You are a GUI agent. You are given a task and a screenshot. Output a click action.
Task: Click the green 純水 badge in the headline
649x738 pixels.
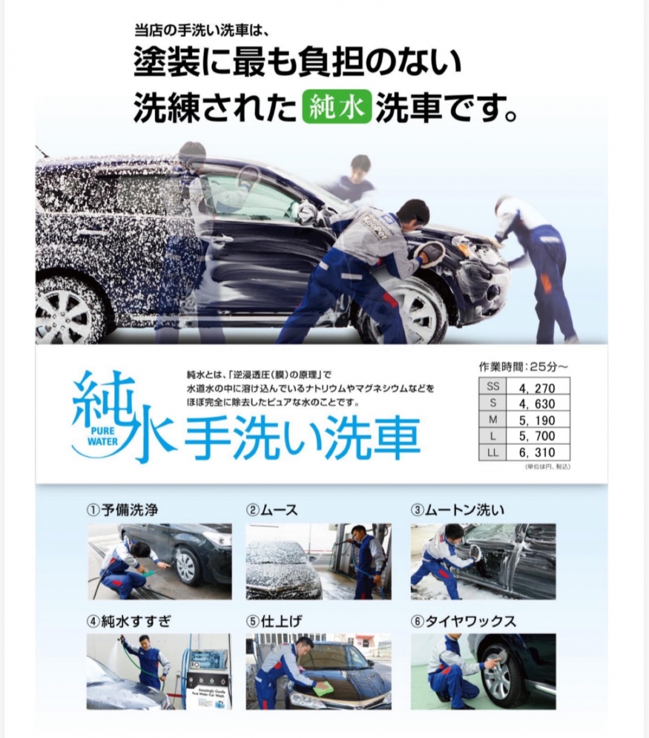click(337, 108)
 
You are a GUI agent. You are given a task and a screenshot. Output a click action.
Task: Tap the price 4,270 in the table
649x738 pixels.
click(537, 389)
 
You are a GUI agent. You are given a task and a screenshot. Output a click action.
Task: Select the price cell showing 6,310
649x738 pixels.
click(537, 453)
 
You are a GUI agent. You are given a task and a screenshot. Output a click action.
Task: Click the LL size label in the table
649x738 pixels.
click(493, 453)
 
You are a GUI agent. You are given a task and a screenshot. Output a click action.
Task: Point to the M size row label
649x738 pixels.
click(493, 420)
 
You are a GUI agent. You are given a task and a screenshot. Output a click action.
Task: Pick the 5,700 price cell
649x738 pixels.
click(537, 436)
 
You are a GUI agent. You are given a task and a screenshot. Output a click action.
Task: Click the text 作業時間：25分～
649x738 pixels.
click(523, 367)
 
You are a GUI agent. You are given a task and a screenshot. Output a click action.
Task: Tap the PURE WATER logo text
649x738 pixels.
click(102, 436)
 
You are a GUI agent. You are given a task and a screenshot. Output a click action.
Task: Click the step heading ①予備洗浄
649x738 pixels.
click(122, 510)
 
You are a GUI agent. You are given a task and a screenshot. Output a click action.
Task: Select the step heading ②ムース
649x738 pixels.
click(272, 510)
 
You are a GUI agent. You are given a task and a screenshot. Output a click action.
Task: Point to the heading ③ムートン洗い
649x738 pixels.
click(458, 510)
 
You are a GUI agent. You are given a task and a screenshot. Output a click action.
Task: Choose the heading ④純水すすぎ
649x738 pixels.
click(129, 621)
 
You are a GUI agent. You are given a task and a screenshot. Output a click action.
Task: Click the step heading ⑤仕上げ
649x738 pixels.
click(274, 621)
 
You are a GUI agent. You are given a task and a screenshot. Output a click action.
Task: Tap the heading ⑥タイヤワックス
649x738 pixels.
click(463, 621)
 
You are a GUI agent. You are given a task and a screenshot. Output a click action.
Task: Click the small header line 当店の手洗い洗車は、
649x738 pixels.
click(202, 31)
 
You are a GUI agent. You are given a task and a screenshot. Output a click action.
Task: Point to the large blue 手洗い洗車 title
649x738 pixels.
click(302, 438)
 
